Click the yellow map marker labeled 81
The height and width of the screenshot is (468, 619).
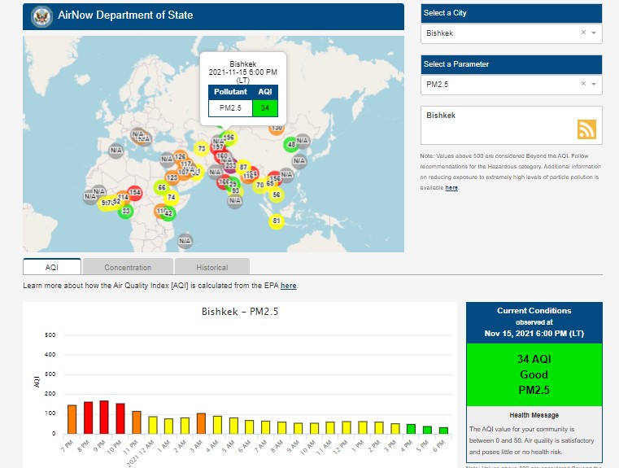pyautogui.click(x=277, y=221)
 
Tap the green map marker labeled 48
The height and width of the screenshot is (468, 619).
pyautogui.click(x=292, y=145)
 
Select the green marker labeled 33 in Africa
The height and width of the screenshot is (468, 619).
pyautogui.click(x=126, y=212)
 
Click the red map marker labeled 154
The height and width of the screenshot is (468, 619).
pyautogui.click(x=135, y=192)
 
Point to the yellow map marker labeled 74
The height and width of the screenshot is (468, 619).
pyautogui.click(x=171, y=198)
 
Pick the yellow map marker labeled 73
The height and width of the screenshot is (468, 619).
pyautogui.click(x=201, y=149)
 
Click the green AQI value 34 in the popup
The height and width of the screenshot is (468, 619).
pyautogui.click(x=265, y=107)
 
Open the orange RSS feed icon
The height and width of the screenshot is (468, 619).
pyautogui.click(x=587, y=129)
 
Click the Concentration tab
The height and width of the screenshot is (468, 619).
pyautogui.click(x=128, y=267)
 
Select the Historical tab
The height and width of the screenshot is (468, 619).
pyautogui.click(x=211, y=267)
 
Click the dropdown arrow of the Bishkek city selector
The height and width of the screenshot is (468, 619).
pyautogui.click(x=594, y=33)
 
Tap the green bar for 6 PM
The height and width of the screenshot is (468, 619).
pyautogui.click(x=443, y=430)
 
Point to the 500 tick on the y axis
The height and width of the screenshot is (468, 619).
pyautogui.click(x=50, y=335)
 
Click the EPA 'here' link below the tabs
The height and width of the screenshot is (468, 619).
pyautogui.click(x=289, y=286)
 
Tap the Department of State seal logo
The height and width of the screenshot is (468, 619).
pyautogui.click(x=41, y=15)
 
